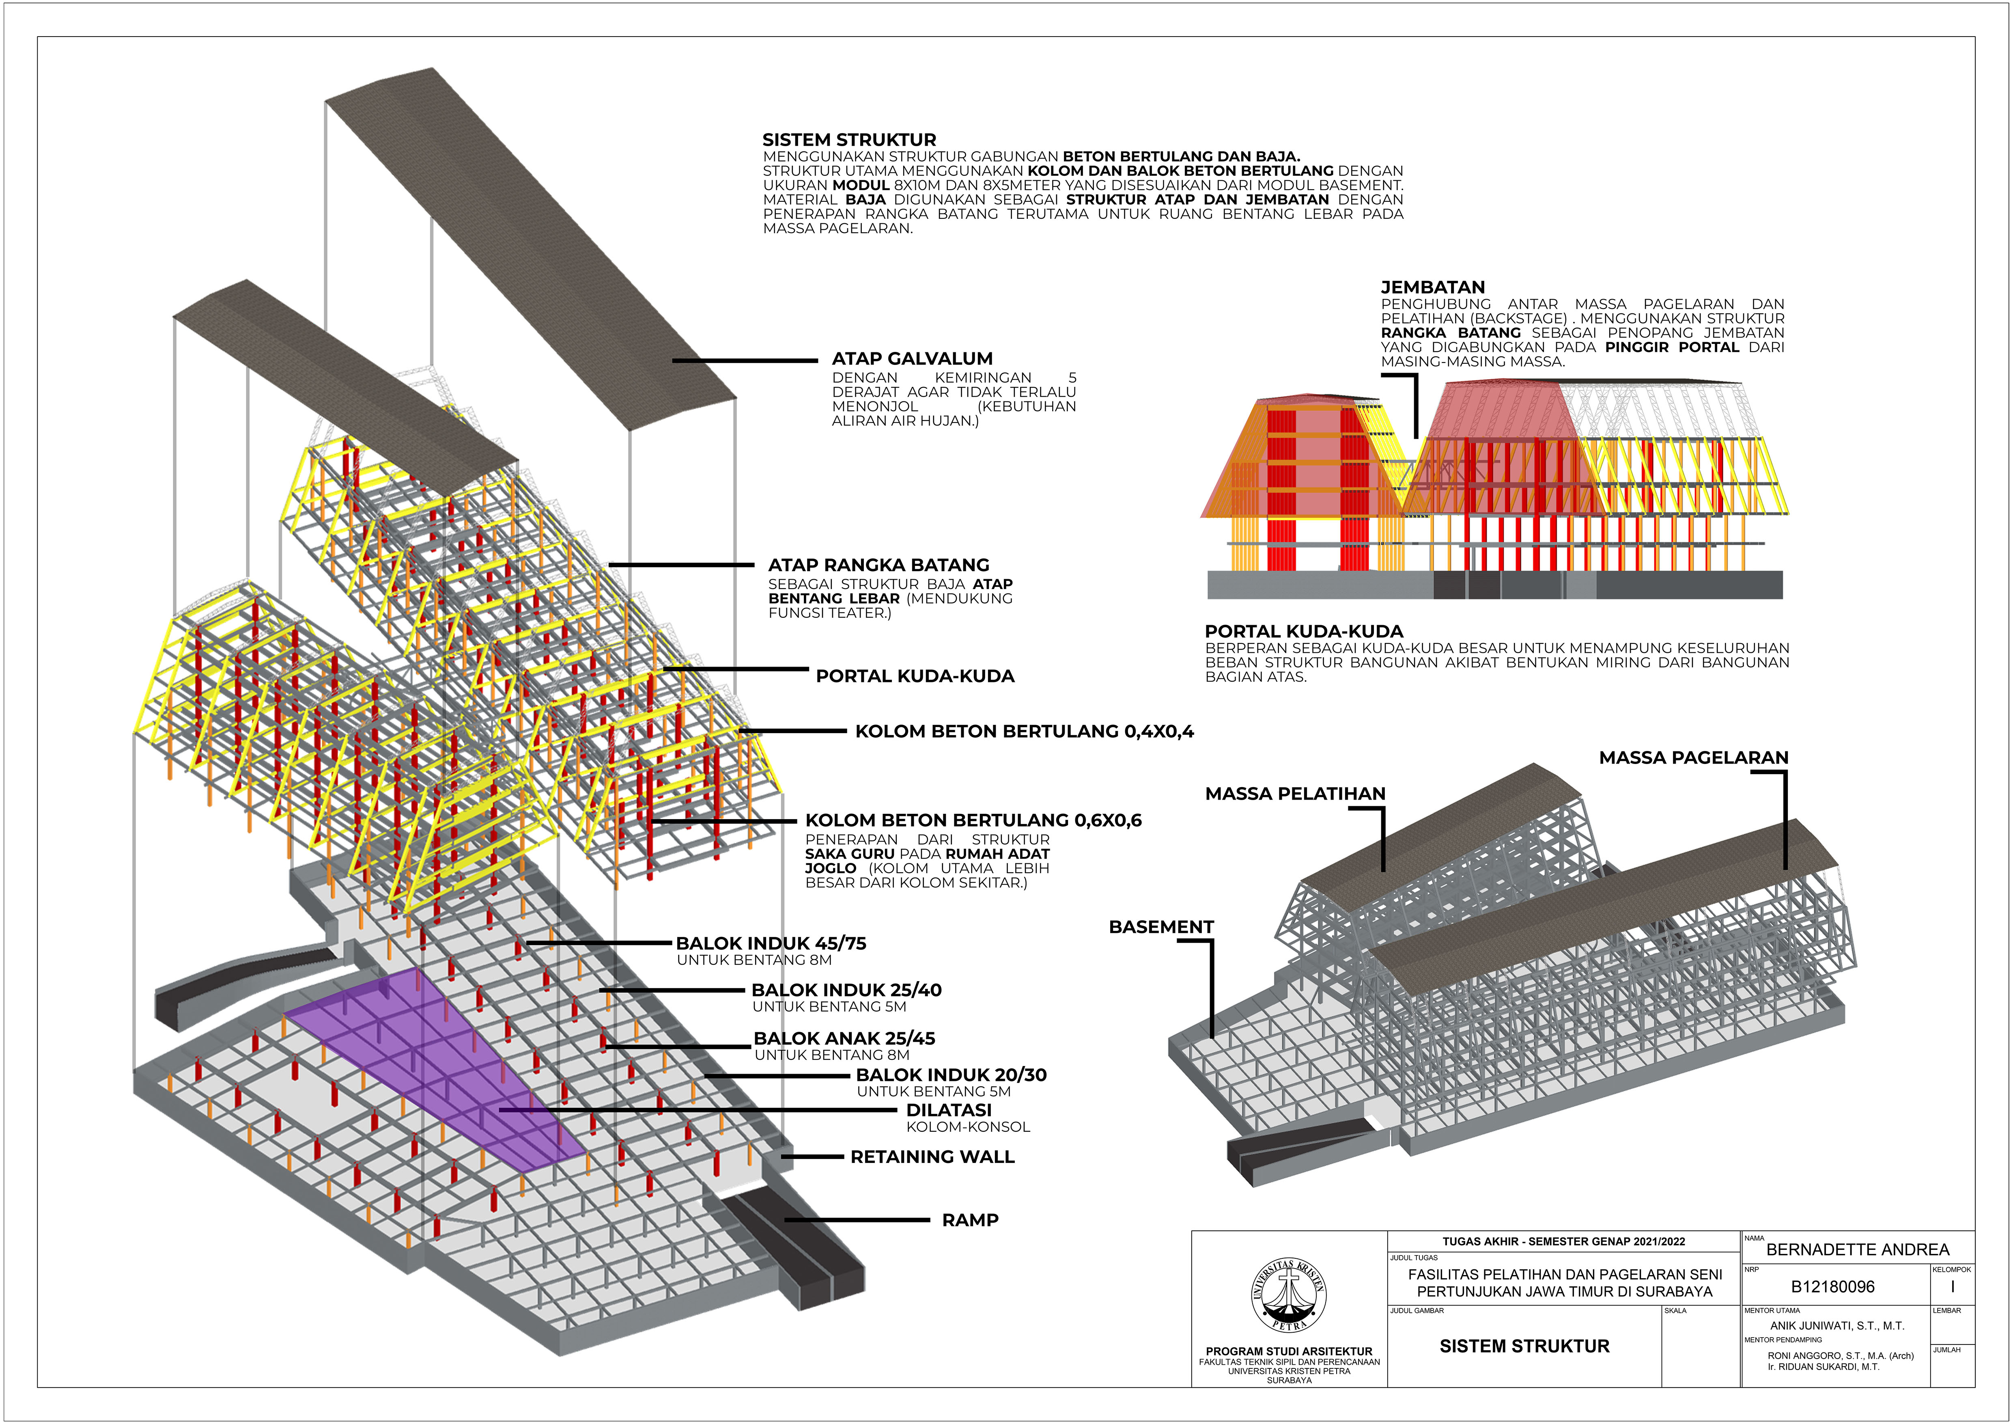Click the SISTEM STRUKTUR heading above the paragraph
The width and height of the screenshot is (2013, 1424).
(x=849, y=139)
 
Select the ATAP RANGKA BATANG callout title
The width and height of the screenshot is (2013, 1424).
(x=878, y=565)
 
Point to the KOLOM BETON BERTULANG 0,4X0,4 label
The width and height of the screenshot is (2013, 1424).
(x=1024, y=731)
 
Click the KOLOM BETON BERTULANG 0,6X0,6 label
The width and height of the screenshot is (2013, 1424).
(x=973, y=821)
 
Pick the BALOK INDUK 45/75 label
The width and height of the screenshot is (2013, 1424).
(x=771, y=943)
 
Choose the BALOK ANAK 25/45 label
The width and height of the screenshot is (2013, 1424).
(x=844, y=1038)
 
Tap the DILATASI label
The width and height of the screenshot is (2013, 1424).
(x=949, y=1110)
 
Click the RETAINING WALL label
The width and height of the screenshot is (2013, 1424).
(x=932, y=1156)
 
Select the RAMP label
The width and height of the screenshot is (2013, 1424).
(x=970, y=1220)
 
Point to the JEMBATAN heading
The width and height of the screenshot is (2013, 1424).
(x=1433, y=287)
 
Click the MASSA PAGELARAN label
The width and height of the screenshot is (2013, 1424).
(x=1693, y=757)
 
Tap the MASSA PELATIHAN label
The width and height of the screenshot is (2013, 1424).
(x=1295, y=794)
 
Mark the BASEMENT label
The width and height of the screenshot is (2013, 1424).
(x=1161, y=927)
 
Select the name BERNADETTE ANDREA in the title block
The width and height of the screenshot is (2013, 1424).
(x=1857, y=1249)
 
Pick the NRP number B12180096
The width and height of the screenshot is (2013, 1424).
(x=1832, y=1287)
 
